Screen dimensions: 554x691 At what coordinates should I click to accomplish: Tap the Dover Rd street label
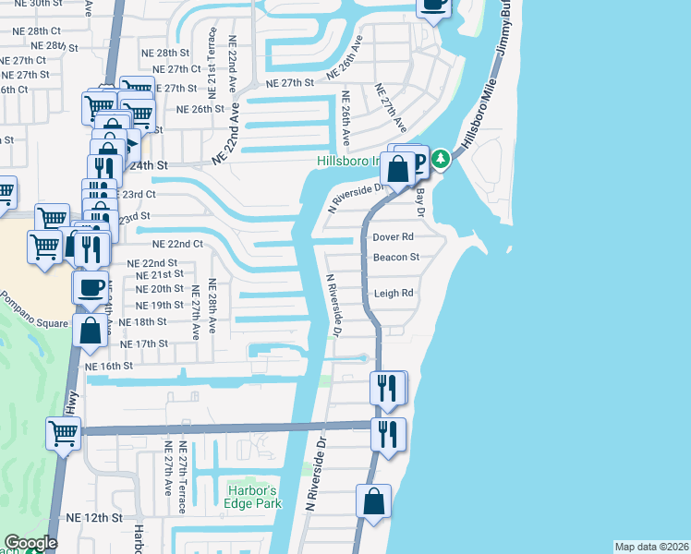[x=392, y=236]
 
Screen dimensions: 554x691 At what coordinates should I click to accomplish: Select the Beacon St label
[x=396, y=257]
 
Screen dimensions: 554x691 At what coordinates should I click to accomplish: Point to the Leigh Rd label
[x=394, y=294]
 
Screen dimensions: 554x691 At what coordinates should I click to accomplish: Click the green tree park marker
[x=442, y=159]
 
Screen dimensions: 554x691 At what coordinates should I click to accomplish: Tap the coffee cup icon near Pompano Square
[x=91, y=286]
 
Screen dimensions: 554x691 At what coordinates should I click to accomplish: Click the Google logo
[x=30, y=543]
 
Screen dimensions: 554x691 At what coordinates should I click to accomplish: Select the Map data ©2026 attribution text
[x=651, y=547]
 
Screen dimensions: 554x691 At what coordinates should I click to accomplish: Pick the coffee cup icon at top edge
[x=432, y=5]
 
